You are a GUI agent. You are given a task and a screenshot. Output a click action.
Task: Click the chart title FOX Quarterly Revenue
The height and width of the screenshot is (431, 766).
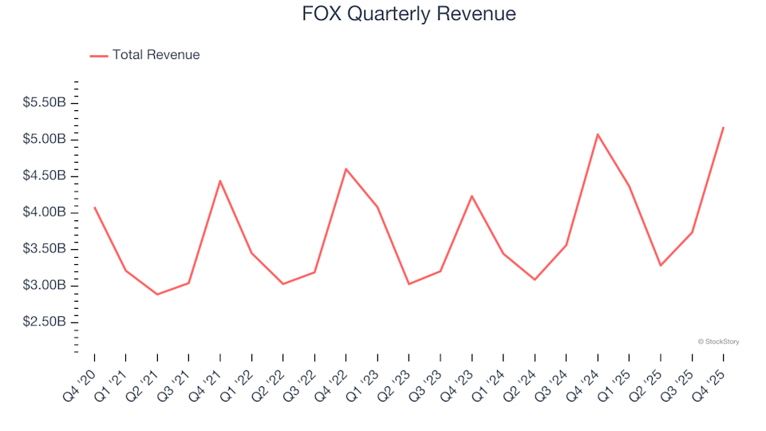(x=409, y=14)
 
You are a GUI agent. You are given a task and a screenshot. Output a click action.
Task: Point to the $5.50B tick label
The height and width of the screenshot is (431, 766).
(x=45, y=103)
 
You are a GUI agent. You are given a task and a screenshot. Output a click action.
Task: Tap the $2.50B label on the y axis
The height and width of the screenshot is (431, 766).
(x=45, y=322)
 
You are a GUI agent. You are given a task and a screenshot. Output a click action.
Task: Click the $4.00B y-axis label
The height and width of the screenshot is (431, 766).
(x=45, y=212)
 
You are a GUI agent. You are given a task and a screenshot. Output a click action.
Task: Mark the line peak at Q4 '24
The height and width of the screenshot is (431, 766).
(x=597, y=134)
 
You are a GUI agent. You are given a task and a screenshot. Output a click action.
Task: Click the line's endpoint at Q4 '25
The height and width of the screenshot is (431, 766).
(x=723, y=128)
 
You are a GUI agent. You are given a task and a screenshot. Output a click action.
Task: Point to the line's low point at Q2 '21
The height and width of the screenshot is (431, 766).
(x=157, y=295)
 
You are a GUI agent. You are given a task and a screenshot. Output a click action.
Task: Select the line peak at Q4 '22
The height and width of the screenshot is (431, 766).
(x=345, y=169)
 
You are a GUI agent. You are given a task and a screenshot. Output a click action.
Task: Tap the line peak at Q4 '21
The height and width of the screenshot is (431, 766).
(x=219, y=180)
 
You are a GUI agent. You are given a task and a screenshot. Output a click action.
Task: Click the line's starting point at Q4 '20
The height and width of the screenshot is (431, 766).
(x=94, y=208)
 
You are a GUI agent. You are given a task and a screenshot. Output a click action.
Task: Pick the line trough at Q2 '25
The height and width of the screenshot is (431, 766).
(x=660, y=265)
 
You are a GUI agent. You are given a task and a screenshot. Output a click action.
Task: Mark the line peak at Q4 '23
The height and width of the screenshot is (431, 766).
(x=472, y=196)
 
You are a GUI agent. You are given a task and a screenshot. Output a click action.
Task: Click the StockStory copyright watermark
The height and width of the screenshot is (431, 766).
(x=718, y=342)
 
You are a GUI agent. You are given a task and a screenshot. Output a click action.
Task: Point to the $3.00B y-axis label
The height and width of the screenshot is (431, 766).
(x=45, y=286)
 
